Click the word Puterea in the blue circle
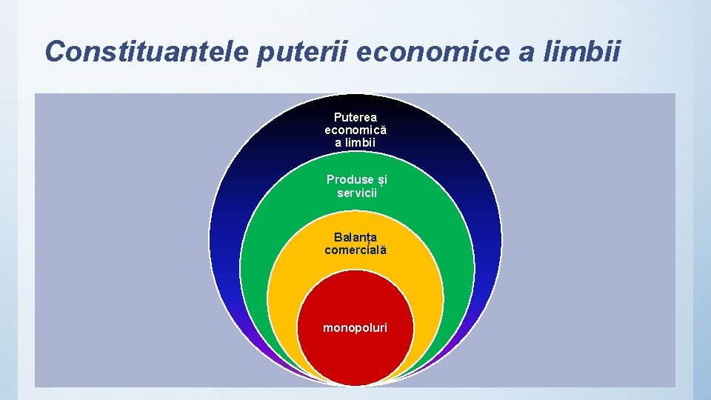pos(355,117)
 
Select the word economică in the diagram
pos(355,130)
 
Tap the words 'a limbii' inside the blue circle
pos(355,142)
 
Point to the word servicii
pos(357,193)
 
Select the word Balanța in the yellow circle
pos(355,238)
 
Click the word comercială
pos(355,250)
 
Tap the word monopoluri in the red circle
pos(355,327)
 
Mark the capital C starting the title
pos(54,51)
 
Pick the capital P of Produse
pos(330,180)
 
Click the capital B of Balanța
pos(338,238)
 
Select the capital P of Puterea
pos(338,117)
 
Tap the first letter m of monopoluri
pos(327,327)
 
